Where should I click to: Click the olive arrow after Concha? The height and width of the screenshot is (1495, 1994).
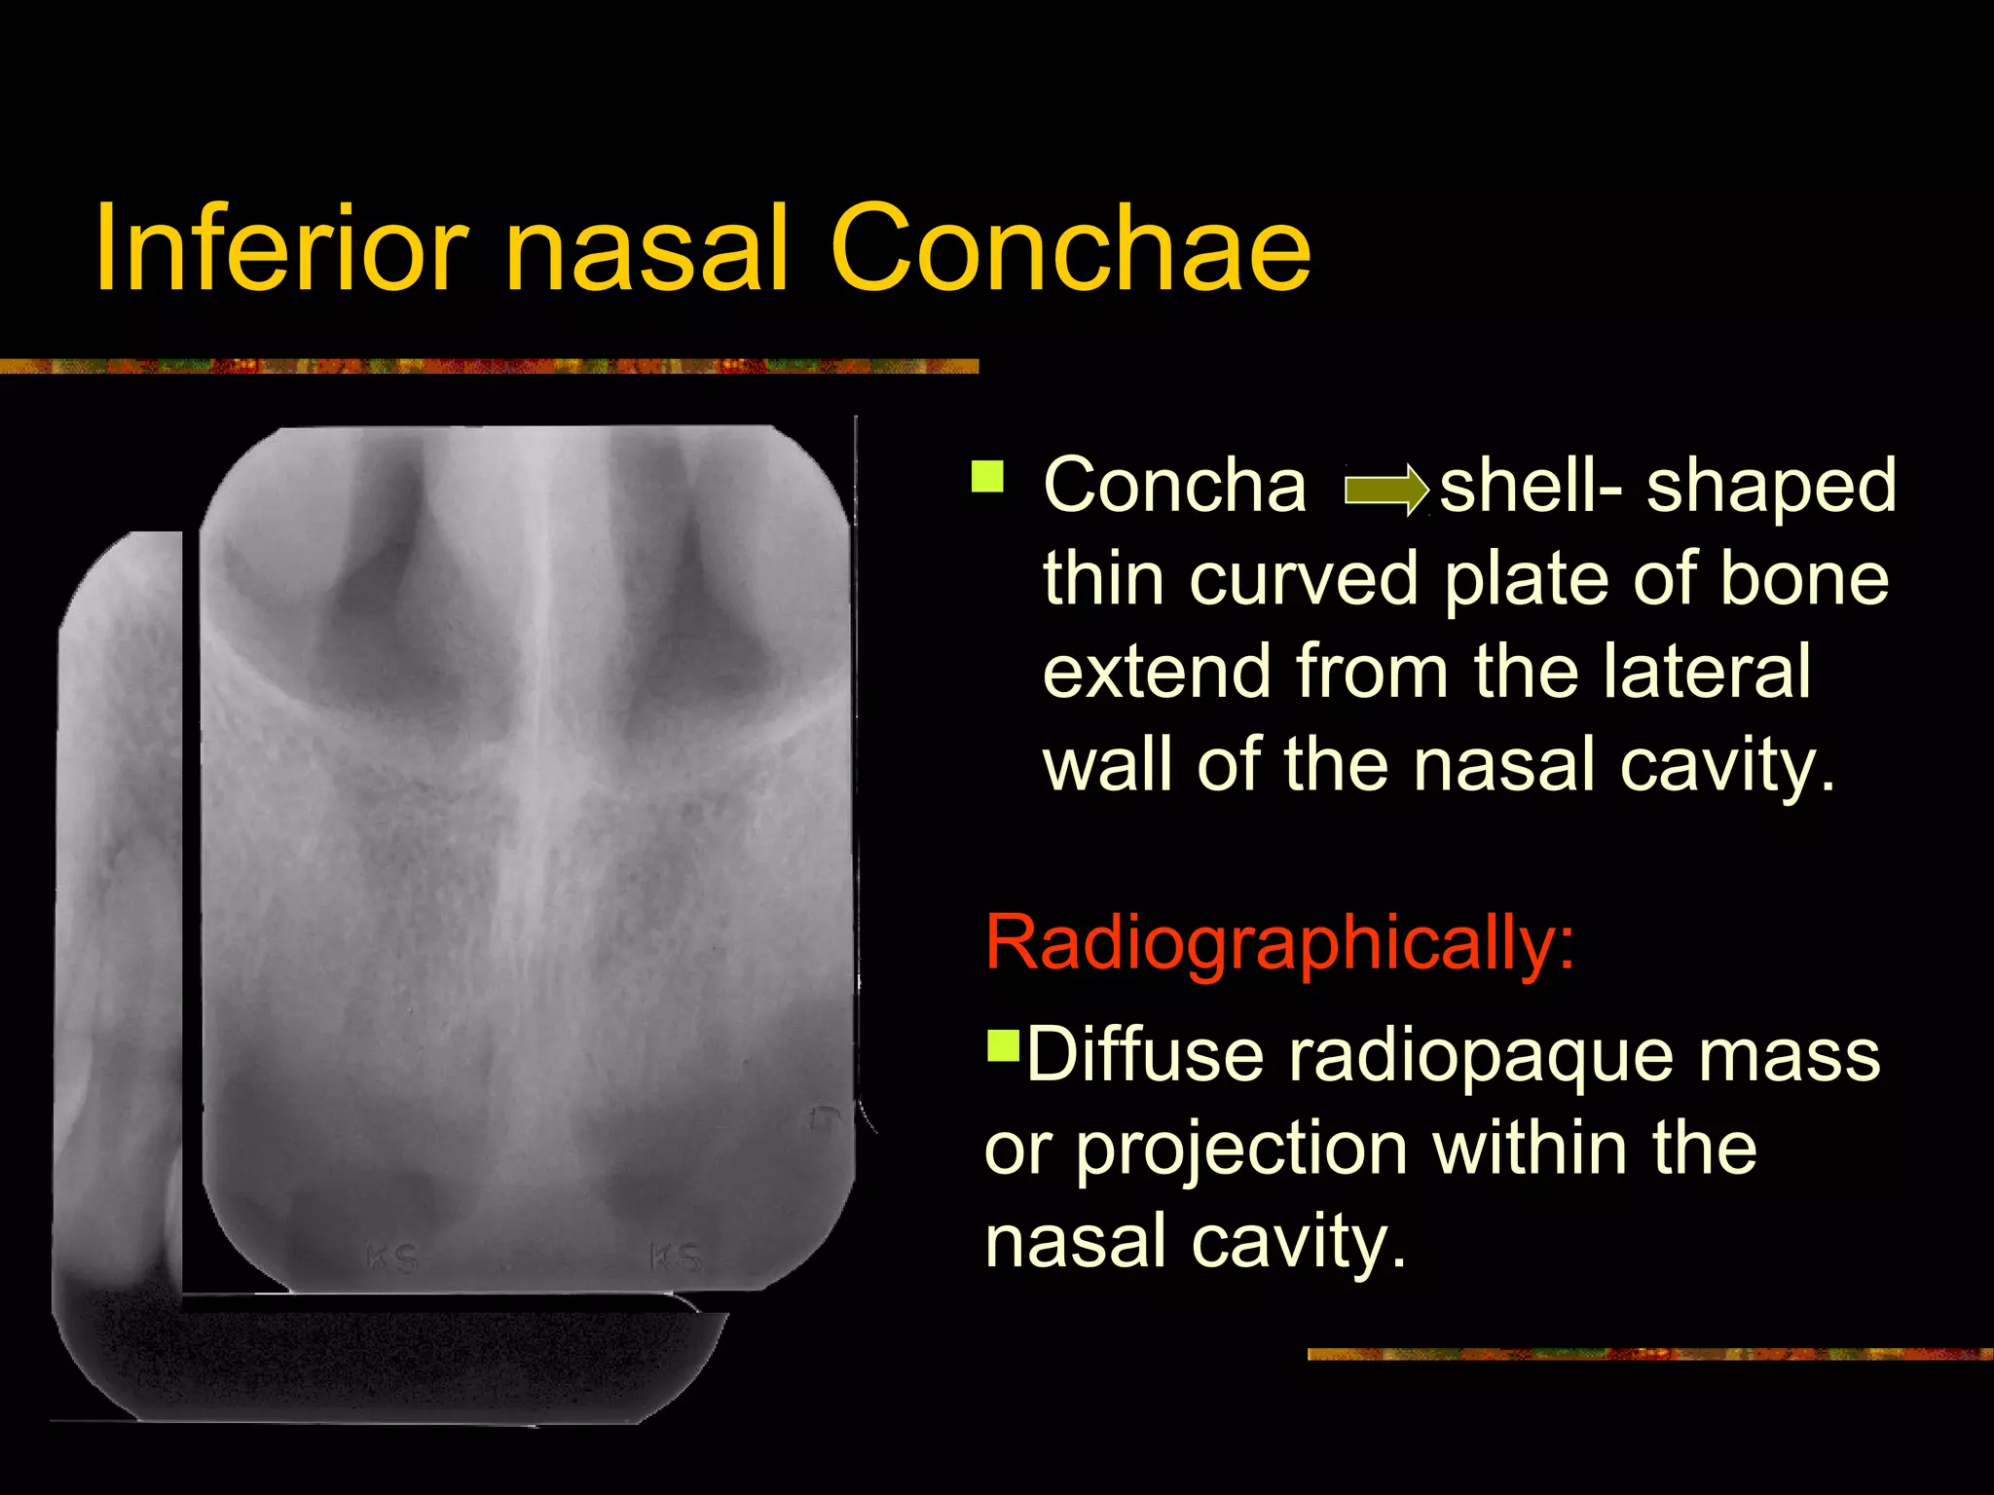(1385, 490)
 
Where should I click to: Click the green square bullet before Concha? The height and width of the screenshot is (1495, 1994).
(987, 478)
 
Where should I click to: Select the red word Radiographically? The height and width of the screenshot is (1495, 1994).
(1279, 942)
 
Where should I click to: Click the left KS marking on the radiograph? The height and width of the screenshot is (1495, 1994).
(391, 1258)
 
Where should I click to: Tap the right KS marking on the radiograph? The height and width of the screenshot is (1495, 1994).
(676, 1256)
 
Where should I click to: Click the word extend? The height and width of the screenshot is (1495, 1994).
(1158, 671)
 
